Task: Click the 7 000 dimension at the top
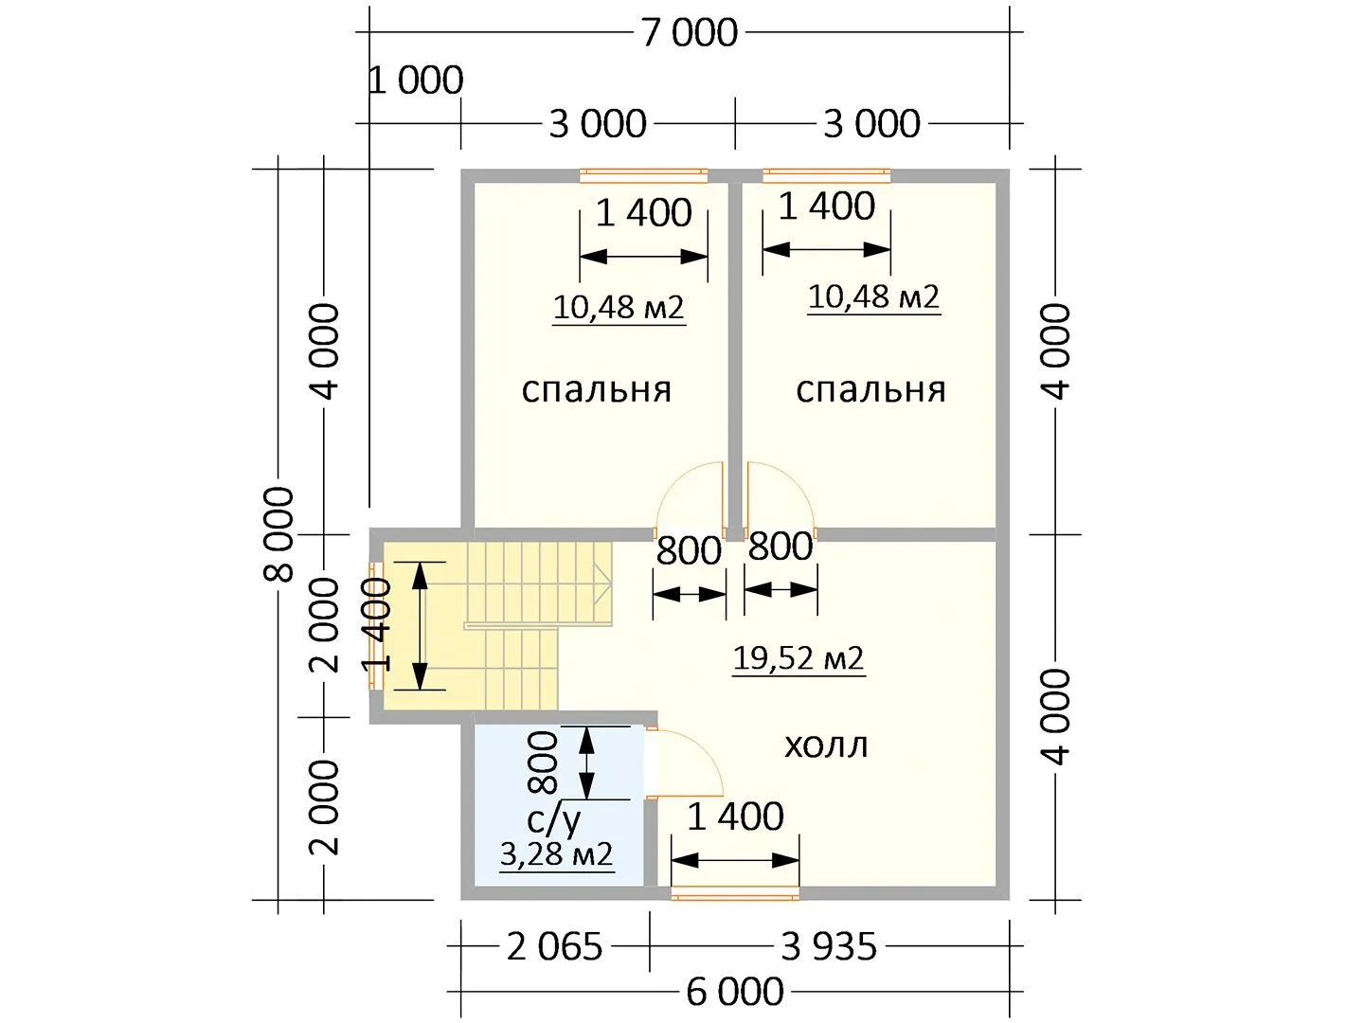(690, 32)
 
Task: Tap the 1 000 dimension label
(416, 81)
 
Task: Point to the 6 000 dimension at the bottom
(735, 992)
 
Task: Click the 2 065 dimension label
(554, 946)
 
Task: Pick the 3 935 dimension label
(828, 946)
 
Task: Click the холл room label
(826, 746)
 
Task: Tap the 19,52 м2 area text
(799, 658)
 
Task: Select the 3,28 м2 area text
(557, 854)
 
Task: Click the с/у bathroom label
(554, 819)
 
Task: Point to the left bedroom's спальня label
(597, 390)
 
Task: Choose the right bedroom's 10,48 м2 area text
(873, 297)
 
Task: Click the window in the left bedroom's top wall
(644, 176)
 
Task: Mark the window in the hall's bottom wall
(735, 893)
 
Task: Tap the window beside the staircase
(377, 625)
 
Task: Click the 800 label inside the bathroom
(543, 763)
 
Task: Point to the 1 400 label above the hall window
(735, 817)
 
